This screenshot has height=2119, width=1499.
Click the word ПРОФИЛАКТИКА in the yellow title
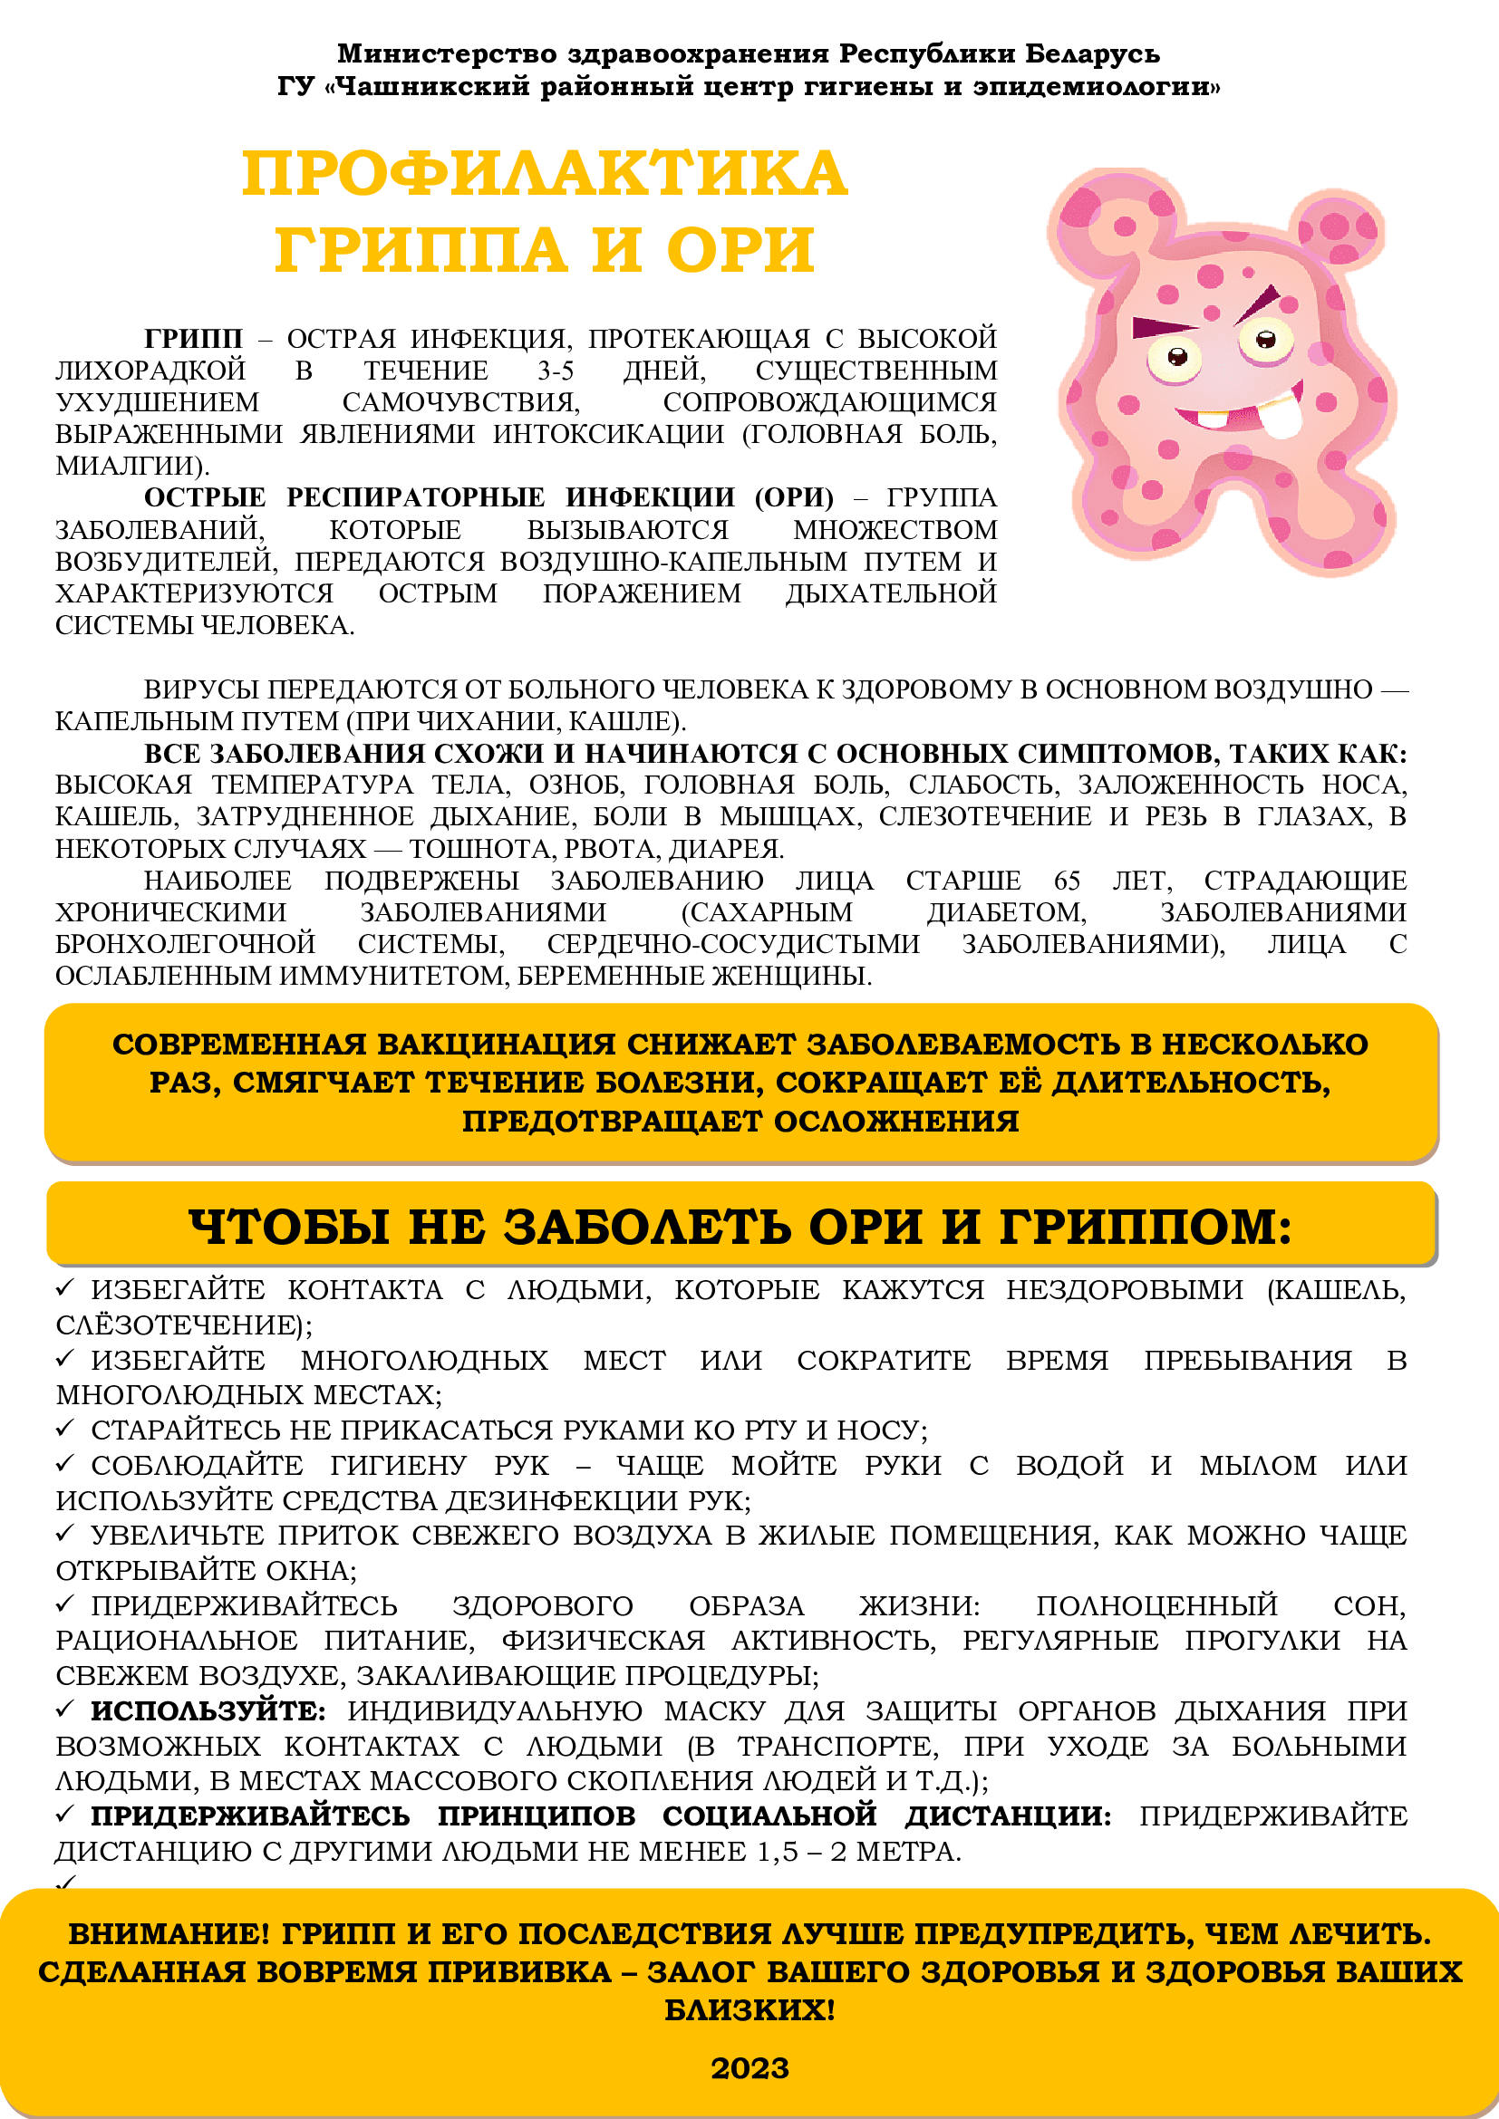tap(545, 174)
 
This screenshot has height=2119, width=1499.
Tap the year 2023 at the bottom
tap(749, 2069)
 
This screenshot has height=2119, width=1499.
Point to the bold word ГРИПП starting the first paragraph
tap(193, 339)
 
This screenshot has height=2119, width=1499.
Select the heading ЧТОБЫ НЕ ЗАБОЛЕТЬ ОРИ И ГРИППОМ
tap(740, 1227)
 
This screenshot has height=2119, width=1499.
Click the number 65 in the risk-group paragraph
tap(1066, 881)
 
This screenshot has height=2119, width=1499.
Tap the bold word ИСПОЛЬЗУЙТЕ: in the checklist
tap(208, 1711)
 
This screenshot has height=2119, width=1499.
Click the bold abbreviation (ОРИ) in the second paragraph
tap(794, 497)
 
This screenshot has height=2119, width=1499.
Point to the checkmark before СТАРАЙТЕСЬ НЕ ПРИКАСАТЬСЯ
tap(64, 1428)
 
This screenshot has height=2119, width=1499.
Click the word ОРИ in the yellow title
tap(740, 250)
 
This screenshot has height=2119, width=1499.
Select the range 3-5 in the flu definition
tap(556, 371)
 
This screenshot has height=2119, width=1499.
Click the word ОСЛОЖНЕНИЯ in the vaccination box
tap(895, 1122)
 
